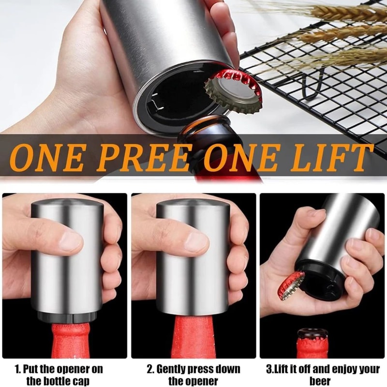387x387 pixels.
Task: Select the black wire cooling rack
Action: [x=319, y=92]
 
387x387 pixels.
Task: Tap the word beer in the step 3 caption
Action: [x=319, y=381]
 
